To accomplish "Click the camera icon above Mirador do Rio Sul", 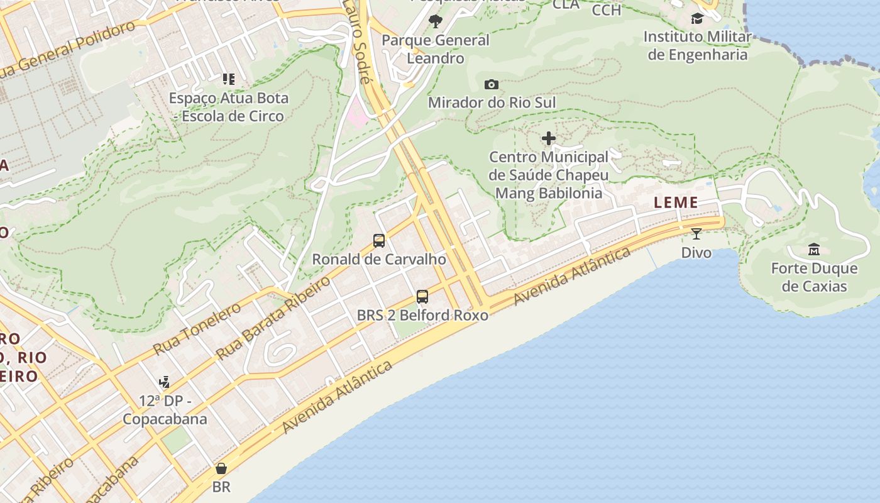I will (492, 84).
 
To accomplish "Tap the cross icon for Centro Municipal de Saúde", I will (549, 138).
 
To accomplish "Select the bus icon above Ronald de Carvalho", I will (379, 240).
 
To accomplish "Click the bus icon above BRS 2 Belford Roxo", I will (422, 296).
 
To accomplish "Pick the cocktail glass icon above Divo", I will (696, 234).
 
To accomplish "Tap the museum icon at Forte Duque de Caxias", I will (814, 249).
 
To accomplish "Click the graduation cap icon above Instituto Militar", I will (697, 18).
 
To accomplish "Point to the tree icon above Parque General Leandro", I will (435, 22).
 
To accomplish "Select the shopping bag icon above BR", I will (221, 468).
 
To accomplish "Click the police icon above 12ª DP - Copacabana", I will (165, 382).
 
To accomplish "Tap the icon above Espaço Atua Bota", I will (229, 79).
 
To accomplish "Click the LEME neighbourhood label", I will (676, 202).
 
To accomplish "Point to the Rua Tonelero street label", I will (197, 329).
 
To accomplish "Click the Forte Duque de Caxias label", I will (814, 277).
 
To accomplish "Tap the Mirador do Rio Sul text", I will (492, 102).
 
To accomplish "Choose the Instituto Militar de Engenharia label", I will (697, 46).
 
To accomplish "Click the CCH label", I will (607, 10).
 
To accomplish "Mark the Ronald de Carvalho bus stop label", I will (379, 259).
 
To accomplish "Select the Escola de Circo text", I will (233, 116).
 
